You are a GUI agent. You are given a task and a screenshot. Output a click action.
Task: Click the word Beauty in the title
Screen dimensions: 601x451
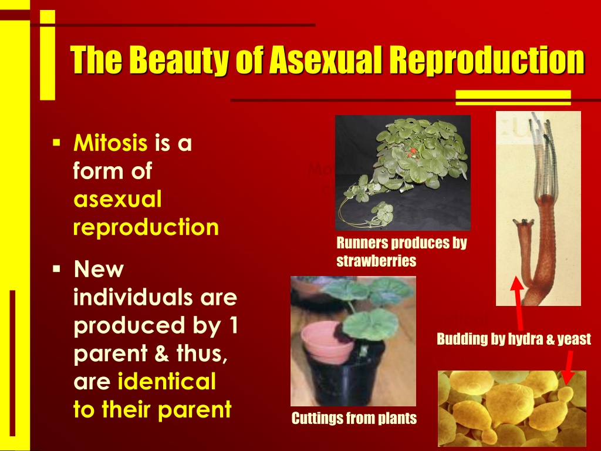(180, 60)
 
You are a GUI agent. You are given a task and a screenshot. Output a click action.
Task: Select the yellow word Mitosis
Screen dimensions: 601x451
(110, 143)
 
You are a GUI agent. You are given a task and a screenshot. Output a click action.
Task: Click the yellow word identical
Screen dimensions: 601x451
(167, 381)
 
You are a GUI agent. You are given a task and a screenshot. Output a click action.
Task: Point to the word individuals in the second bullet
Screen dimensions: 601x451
(133, 297)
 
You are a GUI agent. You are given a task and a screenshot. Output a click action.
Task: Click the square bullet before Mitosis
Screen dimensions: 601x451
(56, 143)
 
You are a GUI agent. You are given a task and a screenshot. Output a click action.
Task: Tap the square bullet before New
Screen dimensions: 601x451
(56, 268)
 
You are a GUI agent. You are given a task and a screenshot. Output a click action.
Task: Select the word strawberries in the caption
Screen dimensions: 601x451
(376, 261)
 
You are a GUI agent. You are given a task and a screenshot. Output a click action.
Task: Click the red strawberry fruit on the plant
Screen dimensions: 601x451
(411, 152)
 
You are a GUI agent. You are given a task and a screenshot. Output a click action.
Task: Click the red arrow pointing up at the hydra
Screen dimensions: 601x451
(518, 303)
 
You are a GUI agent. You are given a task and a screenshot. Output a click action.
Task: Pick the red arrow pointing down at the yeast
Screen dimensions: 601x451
(568, 368)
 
